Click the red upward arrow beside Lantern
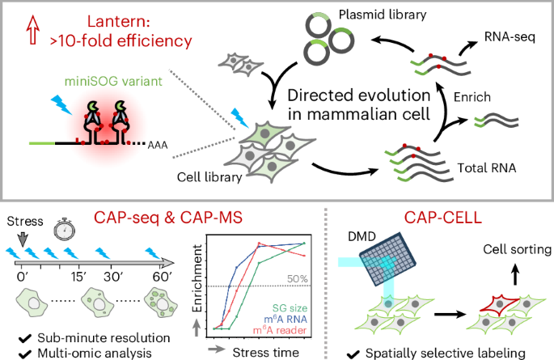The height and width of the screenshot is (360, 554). click(33, 30)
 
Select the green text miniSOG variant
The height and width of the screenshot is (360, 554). click(113, 82)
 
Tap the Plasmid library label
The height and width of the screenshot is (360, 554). click(383, 15)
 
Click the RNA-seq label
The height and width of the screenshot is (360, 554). click(510, 36)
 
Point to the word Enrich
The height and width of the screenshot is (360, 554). click(472, 97)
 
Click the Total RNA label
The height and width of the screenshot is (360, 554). click(487, 167)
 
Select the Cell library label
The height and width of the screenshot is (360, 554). click(209, 177)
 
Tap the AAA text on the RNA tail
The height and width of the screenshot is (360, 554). click(158, 145)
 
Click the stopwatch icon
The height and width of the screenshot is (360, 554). click(65, 229)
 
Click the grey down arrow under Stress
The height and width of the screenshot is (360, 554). click(23, 239)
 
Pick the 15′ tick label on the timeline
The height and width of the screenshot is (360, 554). click(78, 277)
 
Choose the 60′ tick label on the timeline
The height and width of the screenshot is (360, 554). click(163, 277)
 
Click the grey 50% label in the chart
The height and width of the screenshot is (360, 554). click(297, 279)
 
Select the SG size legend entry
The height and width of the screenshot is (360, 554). click(290, 308)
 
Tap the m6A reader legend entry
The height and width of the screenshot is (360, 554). click(280, 330)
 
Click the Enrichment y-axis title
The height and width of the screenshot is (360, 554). click(197, 278)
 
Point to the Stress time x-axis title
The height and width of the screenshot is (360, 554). click(266, 352)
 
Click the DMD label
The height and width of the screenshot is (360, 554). click(362, 236)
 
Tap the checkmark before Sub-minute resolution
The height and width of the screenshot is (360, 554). click(25, 339)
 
